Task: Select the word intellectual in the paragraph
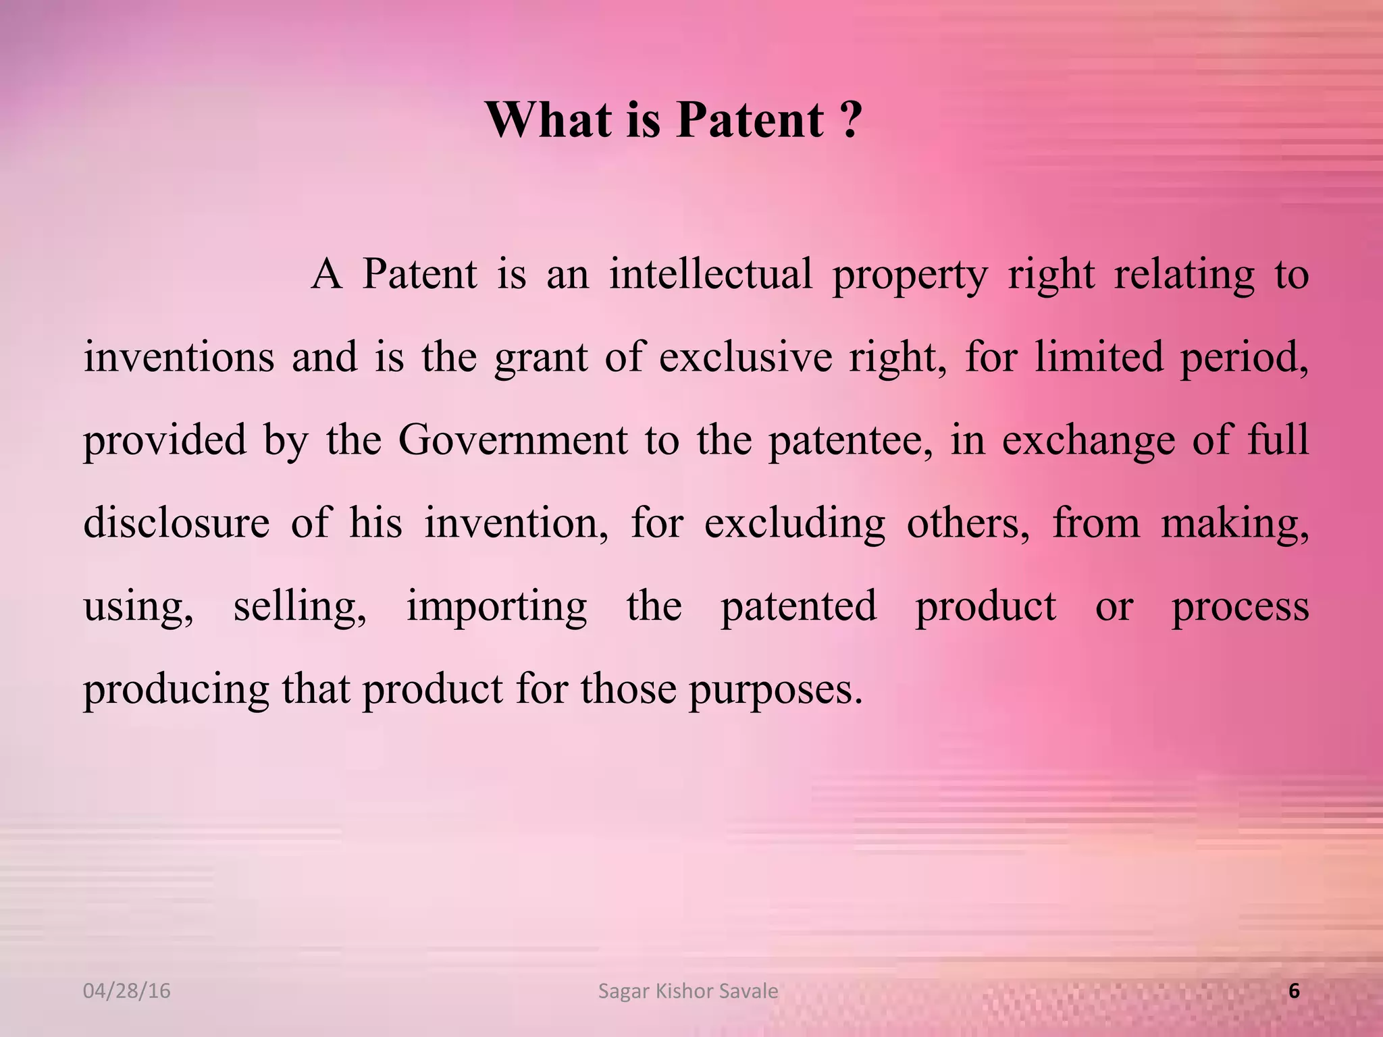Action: pos(710,275)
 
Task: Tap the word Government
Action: pos(513,440)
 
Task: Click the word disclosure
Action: pos(176,523)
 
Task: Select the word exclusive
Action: pos(746,357)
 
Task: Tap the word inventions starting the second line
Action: pos(179,357)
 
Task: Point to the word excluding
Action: pos(794,523)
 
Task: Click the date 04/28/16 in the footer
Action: pos(126,991)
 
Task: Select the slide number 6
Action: pos(1294,991)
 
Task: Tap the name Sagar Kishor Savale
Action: pos(688,991)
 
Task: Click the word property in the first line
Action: pos(910,275)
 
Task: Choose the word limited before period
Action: pos(1099,357)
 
